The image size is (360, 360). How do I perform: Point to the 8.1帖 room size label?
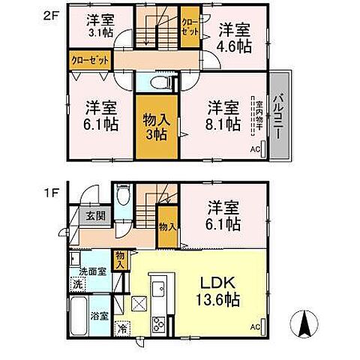click(223, 123)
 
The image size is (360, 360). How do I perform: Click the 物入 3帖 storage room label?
click(157, 124)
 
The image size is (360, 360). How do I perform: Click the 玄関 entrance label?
click(94, 216)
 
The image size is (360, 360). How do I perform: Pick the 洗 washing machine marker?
click(76, 284)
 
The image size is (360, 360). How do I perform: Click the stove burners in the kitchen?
click(159, 325)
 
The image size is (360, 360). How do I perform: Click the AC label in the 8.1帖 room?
click(253, 150)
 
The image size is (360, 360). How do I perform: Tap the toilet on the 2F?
click(158, 83)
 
